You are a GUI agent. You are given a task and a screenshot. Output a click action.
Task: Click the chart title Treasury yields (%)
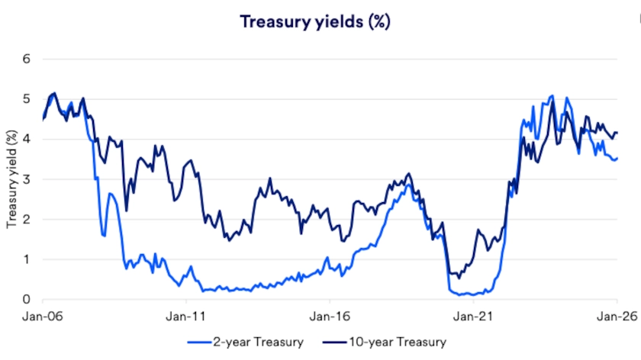pyautogui.click(x=315, y=21)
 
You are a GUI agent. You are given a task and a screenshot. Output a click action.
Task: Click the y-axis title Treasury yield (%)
pyautogui.click(x=11, y=179)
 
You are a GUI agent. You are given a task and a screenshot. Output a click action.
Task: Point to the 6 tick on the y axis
pyautogui.click(x=26, y=59)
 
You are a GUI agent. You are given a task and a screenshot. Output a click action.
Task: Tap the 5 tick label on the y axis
pyautogui.click(x=26, y=100)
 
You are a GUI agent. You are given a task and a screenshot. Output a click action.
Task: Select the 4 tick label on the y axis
pyautogui.click(x=26, y=140)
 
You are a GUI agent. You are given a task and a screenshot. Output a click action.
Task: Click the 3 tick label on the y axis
pyautogui.click(x=26, y=180)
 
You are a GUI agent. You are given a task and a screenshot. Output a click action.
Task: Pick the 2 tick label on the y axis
pyautogui.click(x=26, y=220)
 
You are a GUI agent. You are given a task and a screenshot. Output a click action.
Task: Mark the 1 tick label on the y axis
pyautogui.click(x=26, y=259)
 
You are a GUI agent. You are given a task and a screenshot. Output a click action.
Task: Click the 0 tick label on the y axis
pyautogui.click(x=26, y=300)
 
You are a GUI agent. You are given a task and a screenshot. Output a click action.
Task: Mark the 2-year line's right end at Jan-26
pyautogui.click(x=617, y=158)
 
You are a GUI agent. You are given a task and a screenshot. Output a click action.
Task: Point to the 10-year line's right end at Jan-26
pyautogui.click(x=617, y=133)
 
